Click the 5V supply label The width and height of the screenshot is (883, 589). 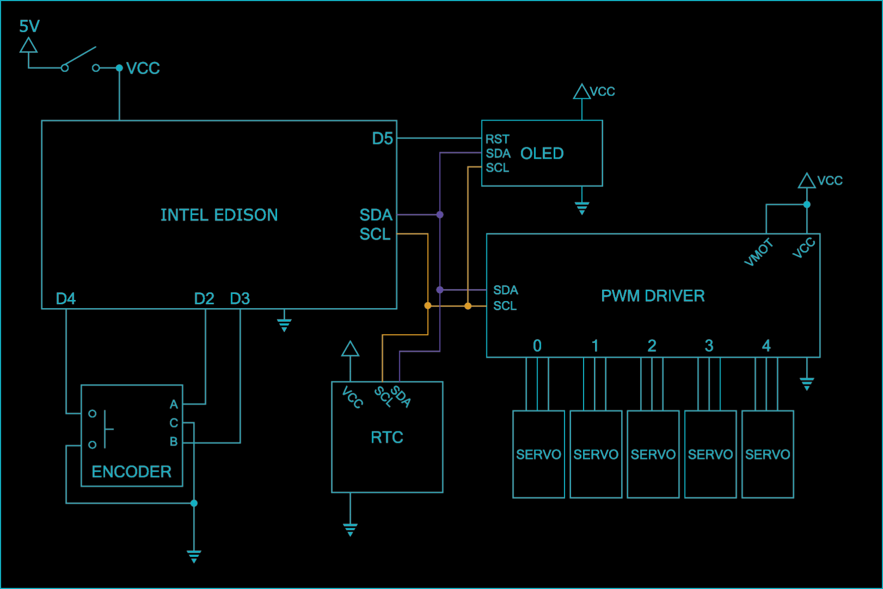coord(29,26)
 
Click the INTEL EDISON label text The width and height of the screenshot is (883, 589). coord(219,215)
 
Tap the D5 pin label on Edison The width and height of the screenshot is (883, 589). coord(382,139)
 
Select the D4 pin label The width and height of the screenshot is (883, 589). coord(65,298)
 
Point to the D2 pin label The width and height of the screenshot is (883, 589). coord(204,298)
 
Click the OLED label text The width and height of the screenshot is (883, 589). coord(542,153)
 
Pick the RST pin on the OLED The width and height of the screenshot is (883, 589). coord(497,139)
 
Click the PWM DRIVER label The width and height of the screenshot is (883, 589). coord(652,296)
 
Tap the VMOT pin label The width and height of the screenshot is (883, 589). coord(759,253)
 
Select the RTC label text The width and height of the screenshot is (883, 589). coord(387,437)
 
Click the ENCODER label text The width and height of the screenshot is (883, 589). coord(131,471)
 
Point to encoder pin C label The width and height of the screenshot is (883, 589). coord(173,423)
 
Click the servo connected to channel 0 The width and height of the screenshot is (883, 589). coord(538,454)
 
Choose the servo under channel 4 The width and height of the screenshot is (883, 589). coord(767,454)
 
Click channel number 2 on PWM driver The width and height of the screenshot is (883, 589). coord(652,346)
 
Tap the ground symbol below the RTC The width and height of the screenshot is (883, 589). coord(350,529)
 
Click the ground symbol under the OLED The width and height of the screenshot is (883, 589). coord(582,208)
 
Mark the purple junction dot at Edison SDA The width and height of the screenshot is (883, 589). coord(440,215)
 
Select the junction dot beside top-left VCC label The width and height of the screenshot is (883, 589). coord(119,68)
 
